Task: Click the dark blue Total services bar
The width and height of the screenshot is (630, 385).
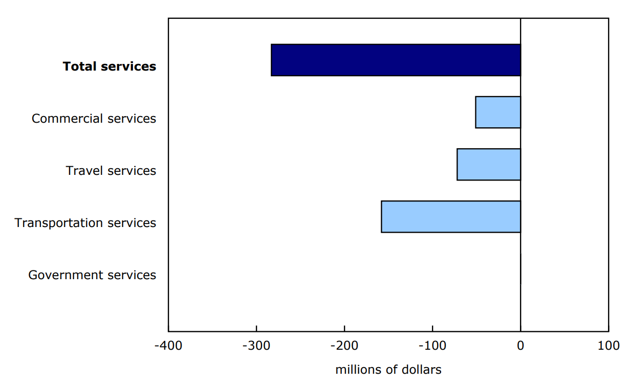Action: click(396, 60)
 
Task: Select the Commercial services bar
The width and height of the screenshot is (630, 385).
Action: click(498, 112)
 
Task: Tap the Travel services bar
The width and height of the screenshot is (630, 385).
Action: click(489, 165)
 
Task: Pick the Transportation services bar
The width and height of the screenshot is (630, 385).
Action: click(451, 217)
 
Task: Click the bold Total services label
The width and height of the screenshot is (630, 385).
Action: click(110, 66)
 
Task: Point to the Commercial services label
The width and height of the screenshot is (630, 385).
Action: click(94, 119)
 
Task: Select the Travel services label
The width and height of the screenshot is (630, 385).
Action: click(111, 171)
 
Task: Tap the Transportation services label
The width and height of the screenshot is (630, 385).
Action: click(85, 223)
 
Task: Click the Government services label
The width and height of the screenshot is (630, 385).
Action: click(92, 275)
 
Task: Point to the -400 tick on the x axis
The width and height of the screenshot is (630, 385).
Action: click(168, 345)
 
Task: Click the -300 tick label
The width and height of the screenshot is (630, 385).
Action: click(256, 345)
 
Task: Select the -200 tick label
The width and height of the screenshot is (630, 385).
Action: click(344, 345)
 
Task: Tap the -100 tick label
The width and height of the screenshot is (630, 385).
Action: click(432, 345)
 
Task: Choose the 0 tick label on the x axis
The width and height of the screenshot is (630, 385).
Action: click(520, 345)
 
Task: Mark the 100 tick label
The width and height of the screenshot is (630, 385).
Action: click(609, 345)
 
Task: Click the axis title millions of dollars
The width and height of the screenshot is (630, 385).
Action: click(388, 370)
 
